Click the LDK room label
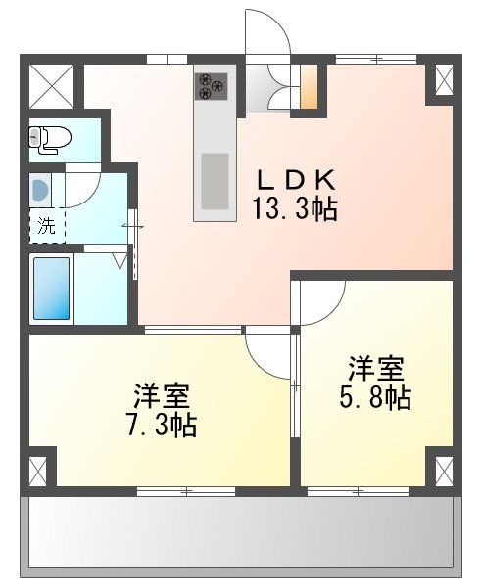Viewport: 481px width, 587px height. (297, 180)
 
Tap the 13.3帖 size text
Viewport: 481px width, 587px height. (297, 208)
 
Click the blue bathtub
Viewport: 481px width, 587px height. (51, 287)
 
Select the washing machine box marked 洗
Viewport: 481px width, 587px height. (46, 226)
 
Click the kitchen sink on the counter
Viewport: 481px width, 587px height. (215, 181)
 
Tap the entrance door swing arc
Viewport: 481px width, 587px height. (266, 34)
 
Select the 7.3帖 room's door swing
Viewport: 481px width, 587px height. (269, 352)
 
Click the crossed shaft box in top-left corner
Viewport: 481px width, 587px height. (51, 85)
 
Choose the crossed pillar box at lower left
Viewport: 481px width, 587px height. (39, 471)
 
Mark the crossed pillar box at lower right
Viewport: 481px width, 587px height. (442, 471)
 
